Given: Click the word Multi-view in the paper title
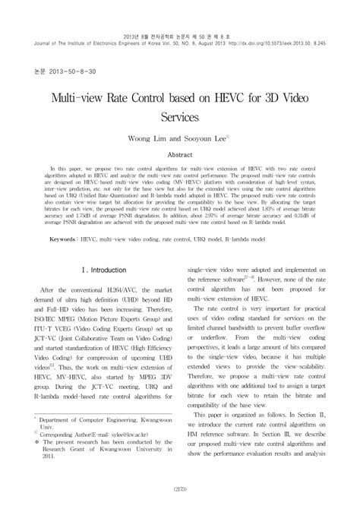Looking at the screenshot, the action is (90, 100).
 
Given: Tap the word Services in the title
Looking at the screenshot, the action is (179, 118).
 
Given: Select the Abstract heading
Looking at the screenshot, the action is (179, 154).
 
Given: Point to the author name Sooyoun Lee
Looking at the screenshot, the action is (203, 139).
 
